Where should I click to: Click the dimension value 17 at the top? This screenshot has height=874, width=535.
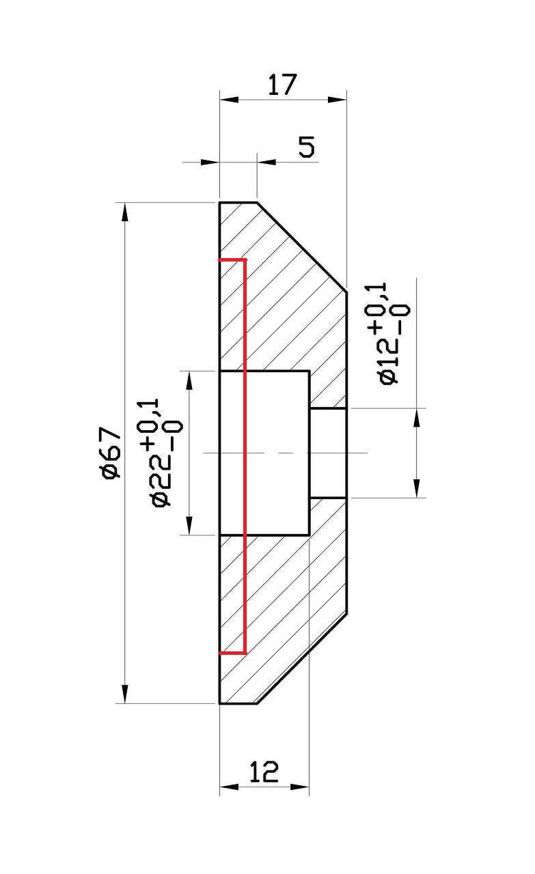tap(282, 84)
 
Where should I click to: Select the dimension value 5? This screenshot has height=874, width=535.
tap(307, 147)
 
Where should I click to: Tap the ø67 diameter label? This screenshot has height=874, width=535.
tap(111, 453)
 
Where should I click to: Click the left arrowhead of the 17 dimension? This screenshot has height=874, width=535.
tap(229, 100)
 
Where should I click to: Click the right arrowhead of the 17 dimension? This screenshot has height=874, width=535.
tap(337, 100)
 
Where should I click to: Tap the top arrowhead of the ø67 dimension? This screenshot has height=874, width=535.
tap(124, 212)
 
